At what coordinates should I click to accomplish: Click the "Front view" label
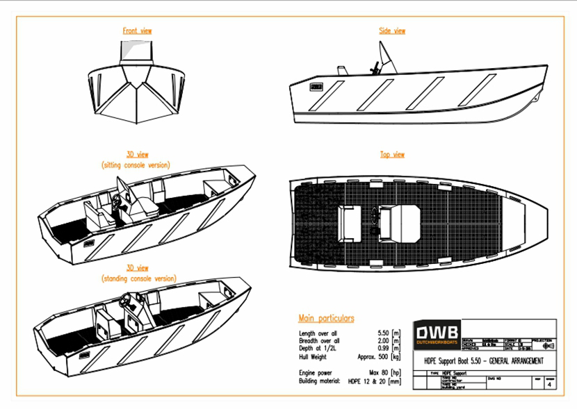click(137, 31)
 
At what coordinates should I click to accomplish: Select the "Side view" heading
click(392, 31)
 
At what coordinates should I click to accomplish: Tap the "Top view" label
click(392, 154)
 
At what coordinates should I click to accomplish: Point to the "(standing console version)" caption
click(138, 278)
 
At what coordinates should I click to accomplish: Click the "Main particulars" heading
click(326, 319)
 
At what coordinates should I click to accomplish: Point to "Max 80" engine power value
click(379, 374)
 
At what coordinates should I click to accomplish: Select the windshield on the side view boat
click(387, 57)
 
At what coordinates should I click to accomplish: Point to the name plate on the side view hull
click(316, 87)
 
